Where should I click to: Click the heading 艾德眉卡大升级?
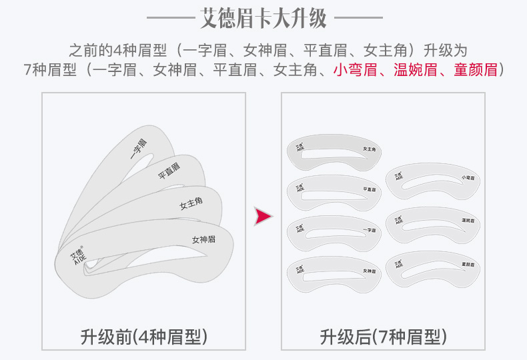coord(263,18)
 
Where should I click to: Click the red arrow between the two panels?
coord(265,215)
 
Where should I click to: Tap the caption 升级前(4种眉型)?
coord(144,337)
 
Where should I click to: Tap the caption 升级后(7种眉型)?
coord(383,337)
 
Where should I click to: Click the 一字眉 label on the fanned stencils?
coord(139,150)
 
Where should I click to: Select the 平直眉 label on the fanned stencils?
coord(169,171)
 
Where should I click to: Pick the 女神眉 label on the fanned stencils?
coord(204,239)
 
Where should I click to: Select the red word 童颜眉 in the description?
coord(476,69)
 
